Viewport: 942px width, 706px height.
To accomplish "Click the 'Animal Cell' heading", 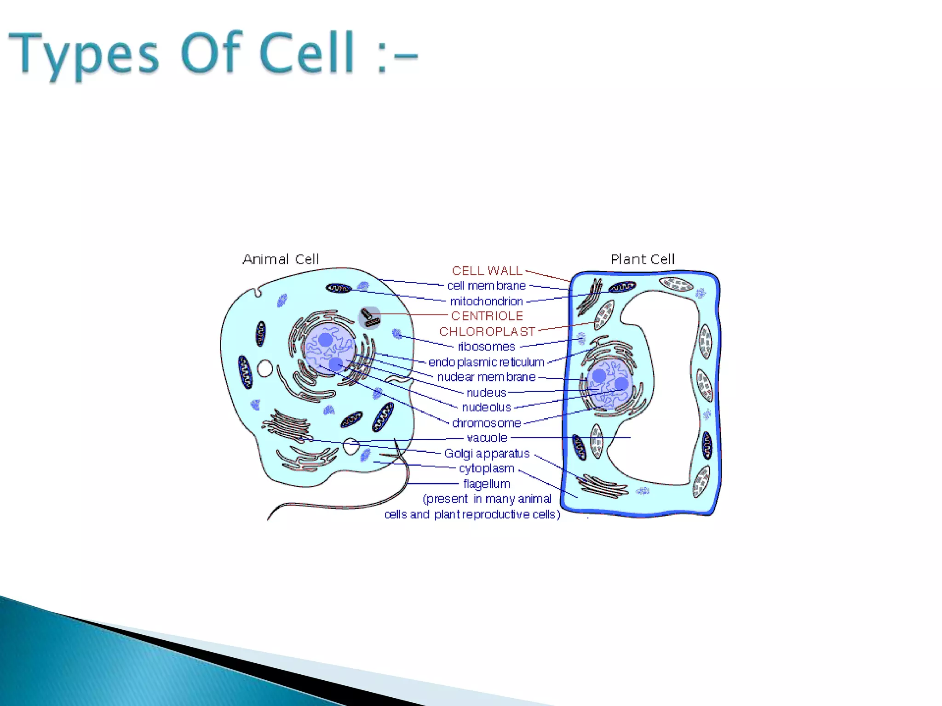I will pyautogui.click(x=281, y=260).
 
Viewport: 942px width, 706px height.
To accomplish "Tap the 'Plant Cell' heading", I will pyautogui.click(x=643, y=260).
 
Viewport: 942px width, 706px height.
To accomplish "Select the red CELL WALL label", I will pyautogui.click(x=487, y=271).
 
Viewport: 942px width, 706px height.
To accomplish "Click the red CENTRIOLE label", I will pyautogui.click(x=487, y=316).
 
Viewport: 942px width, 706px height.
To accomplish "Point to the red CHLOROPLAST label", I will pyautogui.click(x=487, y=332).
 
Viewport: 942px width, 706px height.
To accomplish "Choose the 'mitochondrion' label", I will pyautogui.click(x=486, y=302).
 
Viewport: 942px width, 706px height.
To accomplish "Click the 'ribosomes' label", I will pyautogui.click(x=486, y=347).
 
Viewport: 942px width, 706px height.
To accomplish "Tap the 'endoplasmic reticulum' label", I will pyautogui.click(x=486, y=362).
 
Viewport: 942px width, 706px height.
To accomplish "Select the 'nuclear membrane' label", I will pyautogui.click(x=486, y=377).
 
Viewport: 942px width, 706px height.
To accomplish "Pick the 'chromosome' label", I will pyautogui.click(x=486, y=423).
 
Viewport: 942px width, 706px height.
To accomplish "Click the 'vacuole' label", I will pyautogui.click(x=487, y=438).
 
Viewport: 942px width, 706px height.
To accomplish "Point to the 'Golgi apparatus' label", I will pyautogui.click(x=487, y=454).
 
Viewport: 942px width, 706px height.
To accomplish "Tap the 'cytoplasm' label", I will pyautogui.click(x=486, y=468).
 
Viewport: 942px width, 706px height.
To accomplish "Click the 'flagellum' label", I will pyautogui.click(x=487, y=484).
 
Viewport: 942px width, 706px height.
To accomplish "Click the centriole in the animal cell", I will pyautogui.click(x=369, y=318).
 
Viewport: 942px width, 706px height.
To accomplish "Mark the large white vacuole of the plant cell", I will pyautogui.click(x=662, y=391).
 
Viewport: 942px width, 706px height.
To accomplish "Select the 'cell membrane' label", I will pyautogui.click(x=486, y=286).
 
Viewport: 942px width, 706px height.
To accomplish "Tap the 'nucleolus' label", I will pyautogui.click(x=486, y=408).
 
